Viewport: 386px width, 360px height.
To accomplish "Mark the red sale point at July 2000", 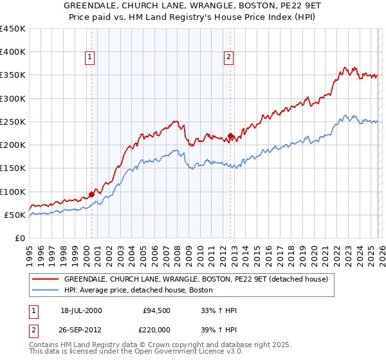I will click(92, 194).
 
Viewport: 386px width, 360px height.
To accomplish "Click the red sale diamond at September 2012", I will click(231, 136).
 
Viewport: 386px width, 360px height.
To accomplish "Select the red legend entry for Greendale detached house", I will click(196, 280).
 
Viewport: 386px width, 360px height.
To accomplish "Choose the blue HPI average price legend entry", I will click(143, 291).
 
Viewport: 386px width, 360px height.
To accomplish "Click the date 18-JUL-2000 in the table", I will click(82, 310).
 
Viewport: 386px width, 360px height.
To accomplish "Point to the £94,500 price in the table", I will click(157, 310).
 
